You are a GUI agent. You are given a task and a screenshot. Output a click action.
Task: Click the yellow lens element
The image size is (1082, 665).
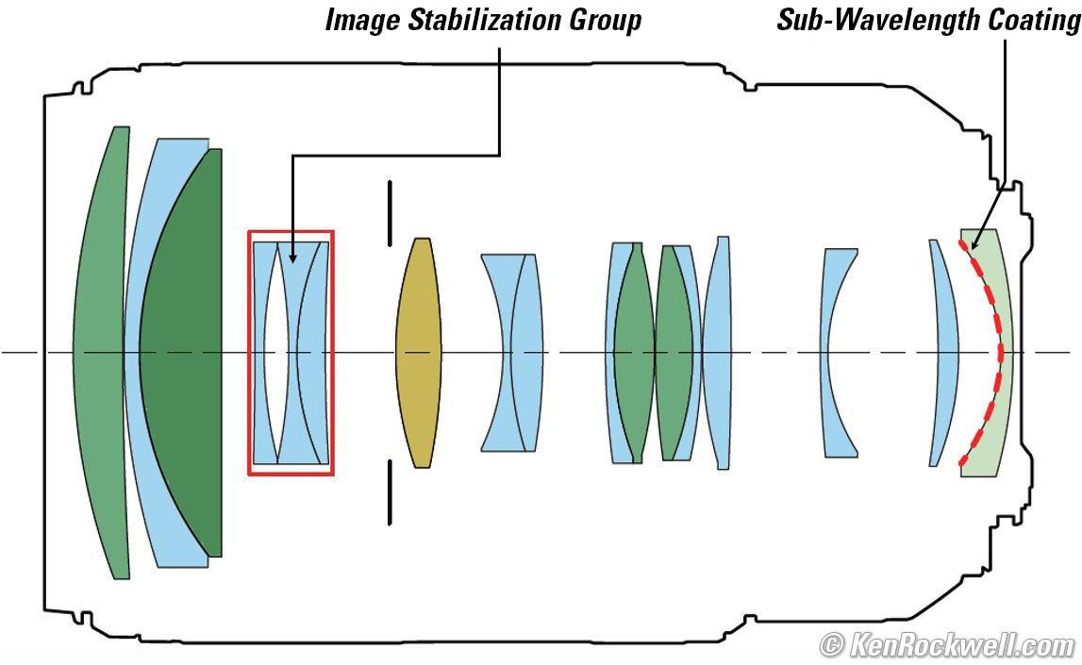click(417, 353)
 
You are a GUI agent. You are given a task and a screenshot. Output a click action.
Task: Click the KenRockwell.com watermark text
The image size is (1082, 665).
click(961, 646)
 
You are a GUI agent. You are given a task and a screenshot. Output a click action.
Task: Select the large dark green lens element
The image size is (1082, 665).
click(184, 353)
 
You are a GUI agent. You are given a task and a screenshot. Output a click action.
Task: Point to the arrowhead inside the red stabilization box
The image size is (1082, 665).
click(291, 257)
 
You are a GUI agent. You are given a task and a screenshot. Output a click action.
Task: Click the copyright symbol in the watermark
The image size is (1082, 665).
click(831, 647)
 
